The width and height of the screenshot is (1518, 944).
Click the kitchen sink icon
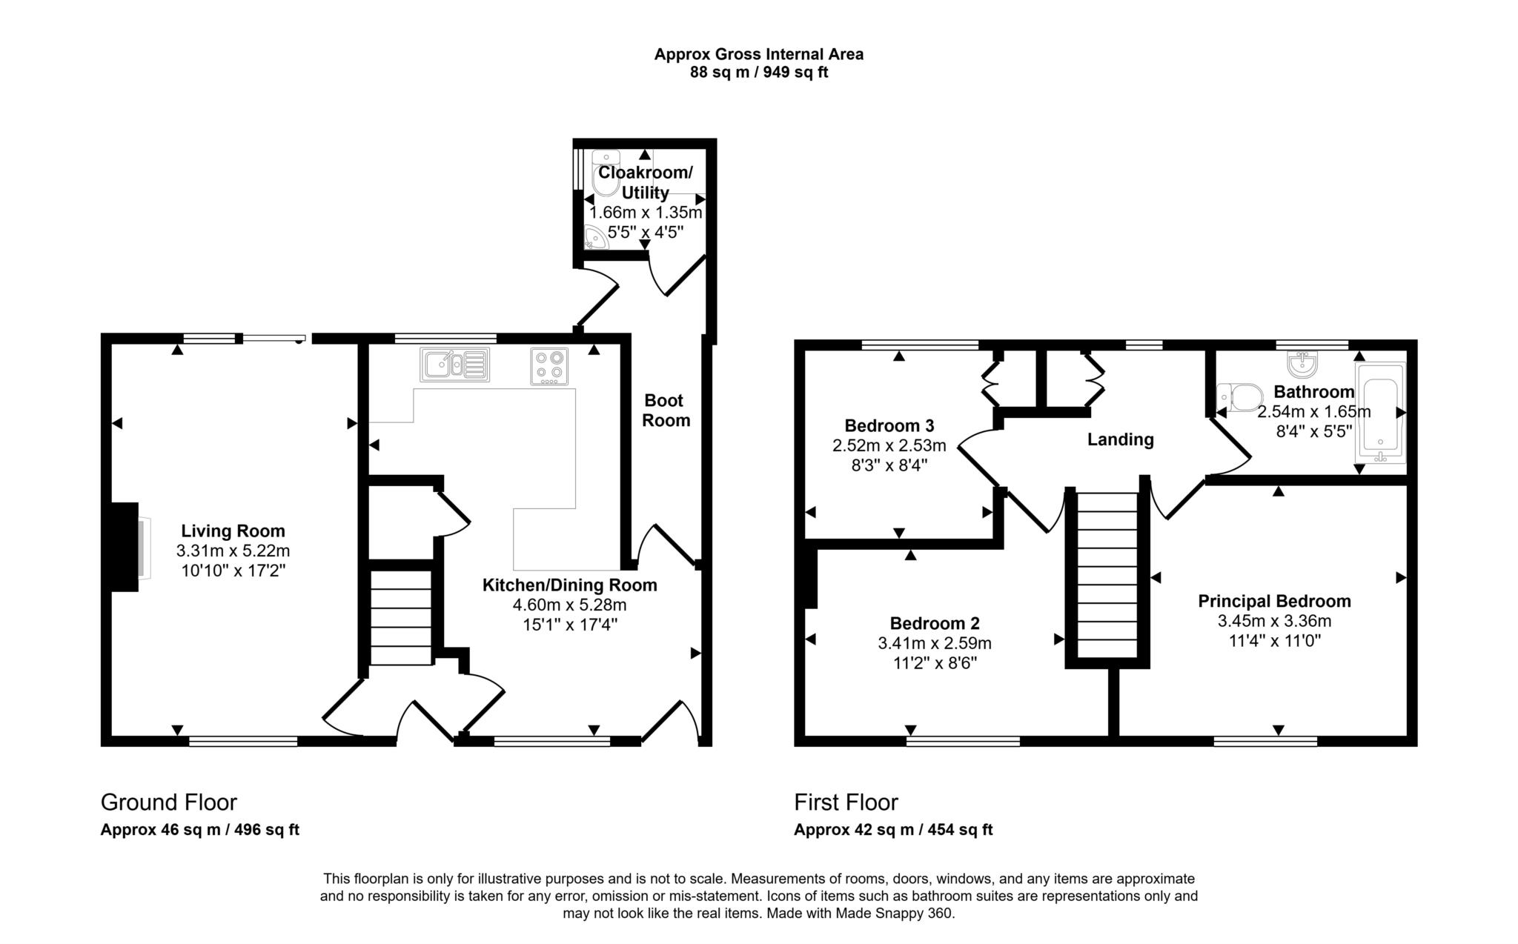pyautogui.click(x=454, y=364)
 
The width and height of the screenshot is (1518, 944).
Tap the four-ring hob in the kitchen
pyautogui.click(x=549, y=366)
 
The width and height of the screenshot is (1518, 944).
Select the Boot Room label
pyautogui.click(x=666, y=410)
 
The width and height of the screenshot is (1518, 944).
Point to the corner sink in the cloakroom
pyautogui.click(x=596, y=238)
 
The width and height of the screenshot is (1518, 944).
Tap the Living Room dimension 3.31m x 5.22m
pyautogui.click(x=233, y=551)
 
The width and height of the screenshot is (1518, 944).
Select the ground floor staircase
pyautogui.click(x=400, y=617)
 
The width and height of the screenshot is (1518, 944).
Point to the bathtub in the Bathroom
pyautogui.click(x=1379, y=412)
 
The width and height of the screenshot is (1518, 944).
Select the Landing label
pyautogui.click(x=1120, y=439)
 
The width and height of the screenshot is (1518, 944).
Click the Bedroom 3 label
pyautogui.click(x=889, y=425)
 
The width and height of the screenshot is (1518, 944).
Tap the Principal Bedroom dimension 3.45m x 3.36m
pyautogui.click(x=1274, y=621)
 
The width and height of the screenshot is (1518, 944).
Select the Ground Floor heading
pyautogui.click(x=168, y=802)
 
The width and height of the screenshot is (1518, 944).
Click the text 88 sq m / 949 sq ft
pyautogui.click(x=758, y=73)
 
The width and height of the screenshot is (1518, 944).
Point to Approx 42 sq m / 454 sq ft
pyautogui.click(x=892, y=830)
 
